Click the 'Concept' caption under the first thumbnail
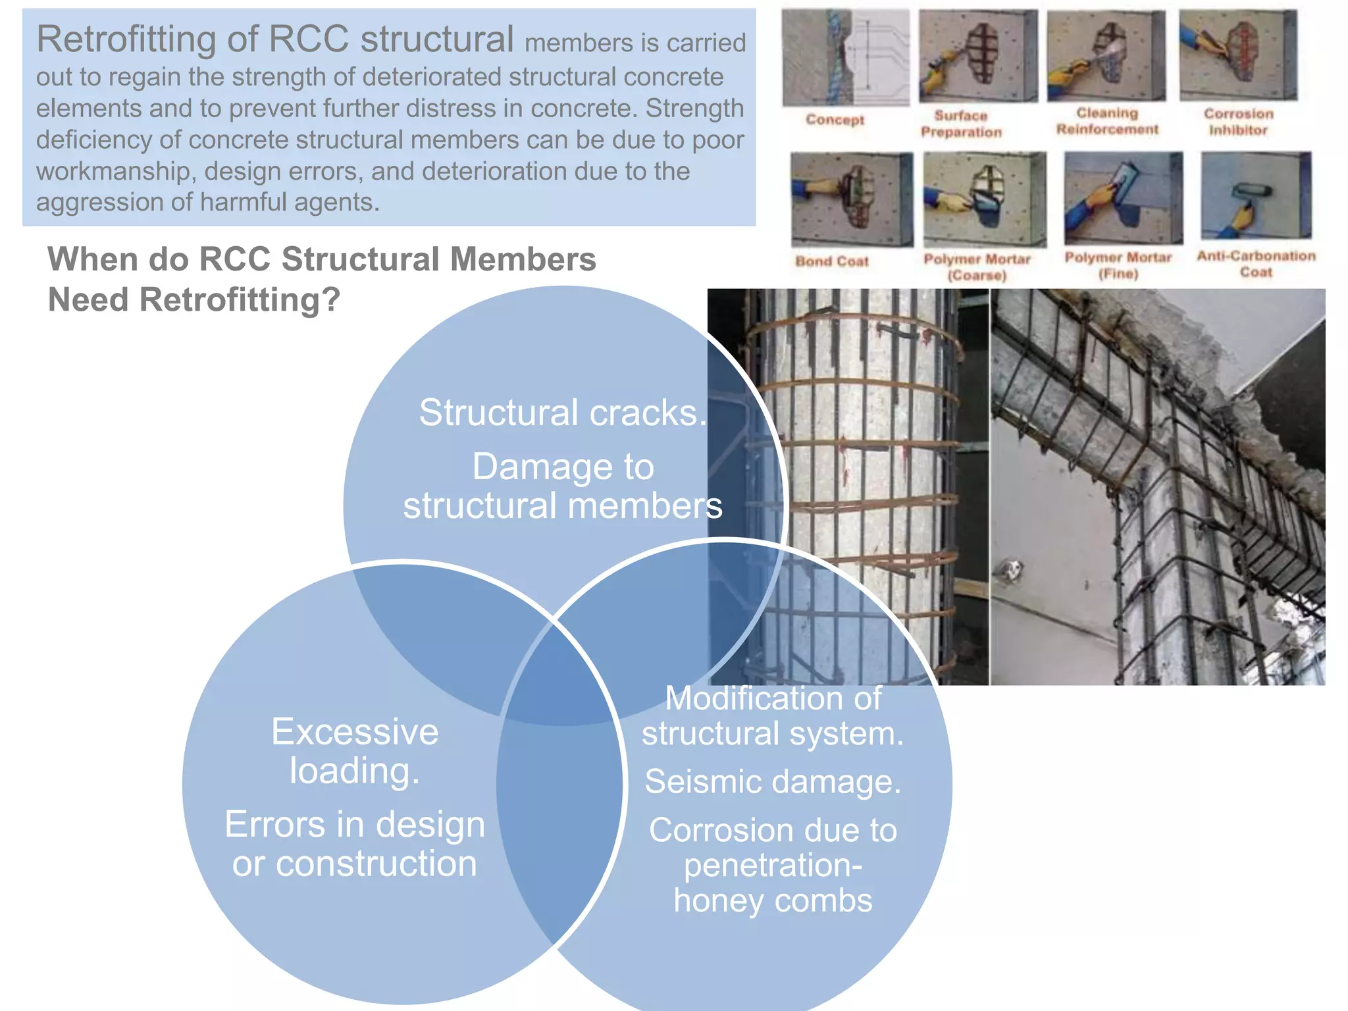tap(835, 120)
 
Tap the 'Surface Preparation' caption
tap(961, 124)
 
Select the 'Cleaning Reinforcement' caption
tap(1107, 121)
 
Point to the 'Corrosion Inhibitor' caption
tap(1238, 122)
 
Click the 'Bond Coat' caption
tap(832, 261)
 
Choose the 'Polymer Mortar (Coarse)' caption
tap(977, 267)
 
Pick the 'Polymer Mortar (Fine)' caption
tap(1118, 265)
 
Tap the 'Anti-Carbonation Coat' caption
tap(1256, 263)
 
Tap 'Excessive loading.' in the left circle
tap(355, 751)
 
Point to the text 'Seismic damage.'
tap(773, 782)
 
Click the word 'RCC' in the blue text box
tap(309, 39)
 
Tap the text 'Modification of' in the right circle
tap(773, 698)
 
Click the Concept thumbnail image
tap(845, 58)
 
